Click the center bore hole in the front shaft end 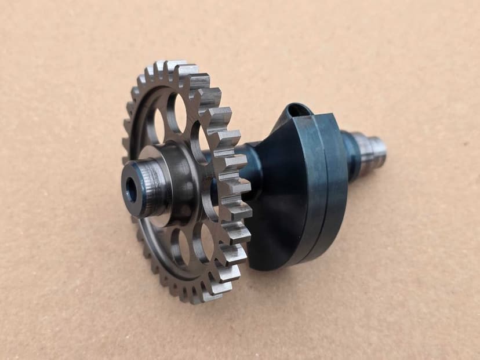[132, 191]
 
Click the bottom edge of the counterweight [278, 264]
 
